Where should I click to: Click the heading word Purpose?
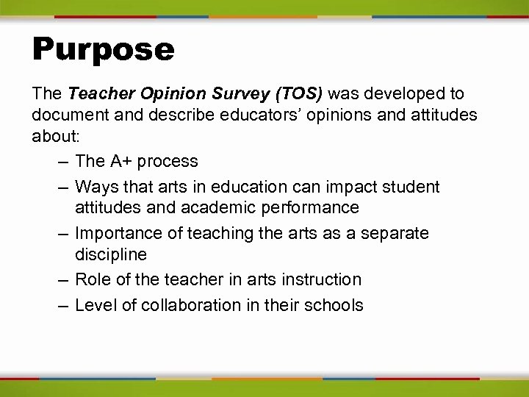[103, 50]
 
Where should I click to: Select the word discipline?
[111, 255]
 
